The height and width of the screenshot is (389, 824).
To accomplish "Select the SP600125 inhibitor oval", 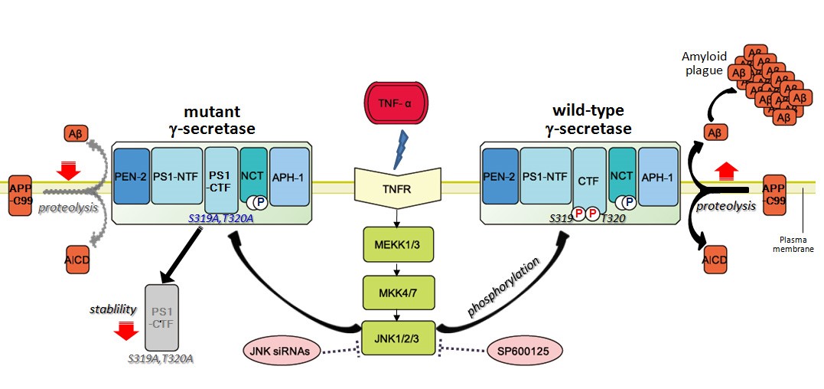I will pyautogui.click(x=524, y=351).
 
